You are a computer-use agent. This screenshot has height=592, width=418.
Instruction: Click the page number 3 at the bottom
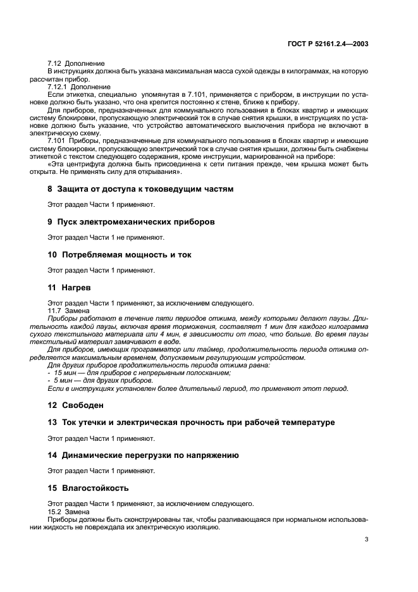(x=366, y=540)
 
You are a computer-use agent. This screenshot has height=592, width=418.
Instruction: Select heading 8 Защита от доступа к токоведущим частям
(x=140, y=189)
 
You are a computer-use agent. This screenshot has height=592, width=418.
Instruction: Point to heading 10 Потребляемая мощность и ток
(x=120, y=255)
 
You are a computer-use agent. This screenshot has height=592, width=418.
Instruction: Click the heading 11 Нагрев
(x=70, y=288)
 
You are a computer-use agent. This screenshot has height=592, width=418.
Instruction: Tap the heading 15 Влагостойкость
(x=88, y=488)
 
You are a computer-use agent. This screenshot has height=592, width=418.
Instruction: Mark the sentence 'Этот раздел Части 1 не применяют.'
(x=106, y=237)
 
